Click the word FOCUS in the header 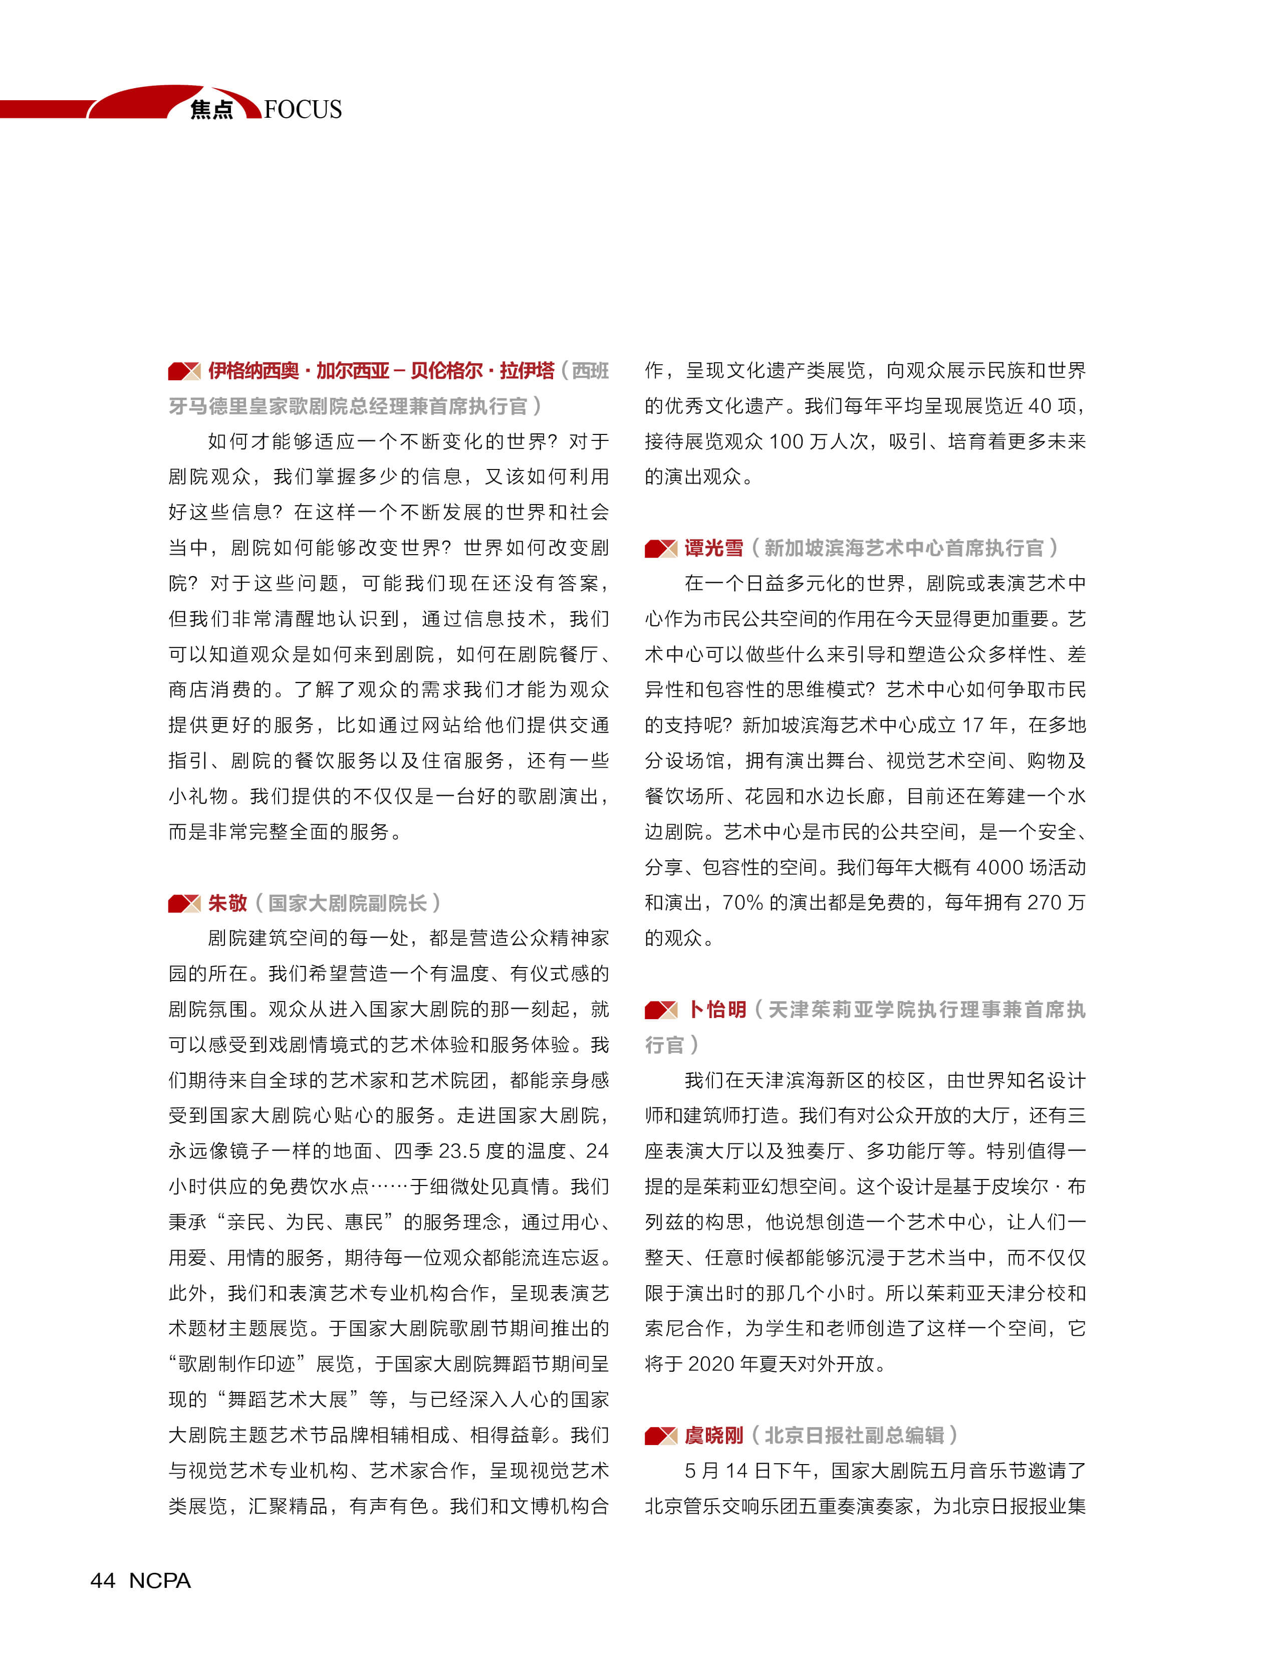pos(303,109)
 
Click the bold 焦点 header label pos(211,110)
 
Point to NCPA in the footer pos(160,1580)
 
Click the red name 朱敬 pos(227,903)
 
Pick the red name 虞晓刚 pos(713,1435)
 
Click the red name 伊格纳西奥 pos(253,370)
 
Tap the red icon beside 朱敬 pos(184,903)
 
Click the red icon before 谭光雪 pos(660,548)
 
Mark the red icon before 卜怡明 pos(660,1010)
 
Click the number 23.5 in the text pos(459,1150)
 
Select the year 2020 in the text pos(710,1363)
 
